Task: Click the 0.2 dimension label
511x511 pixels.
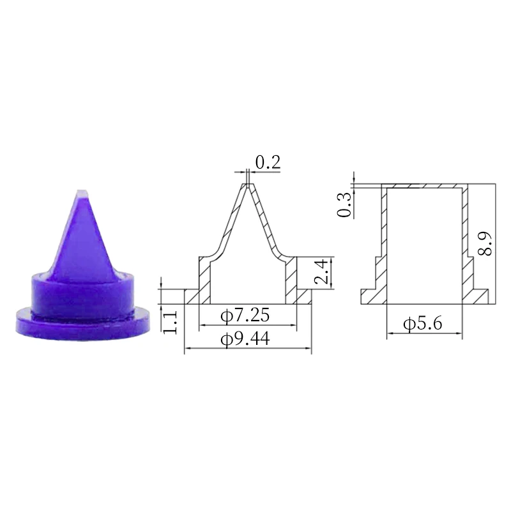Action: click(268, 162)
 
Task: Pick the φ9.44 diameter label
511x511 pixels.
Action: click(245, 339)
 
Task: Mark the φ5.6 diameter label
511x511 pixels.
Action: click(423, 324)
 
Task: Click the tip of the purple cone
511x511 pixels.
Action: click(82, 192)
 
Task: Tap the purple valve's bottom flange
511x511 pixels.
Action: click(82, 323)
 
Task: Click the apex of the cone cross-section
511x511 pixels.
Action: click(247, 185)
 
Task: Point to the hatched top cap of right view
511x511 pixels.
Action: click(425, 187)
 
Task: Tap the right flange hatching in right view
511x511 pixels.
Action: click(478, 296)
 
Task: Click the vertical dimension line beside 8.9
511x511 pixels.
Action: click(496, 243)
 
